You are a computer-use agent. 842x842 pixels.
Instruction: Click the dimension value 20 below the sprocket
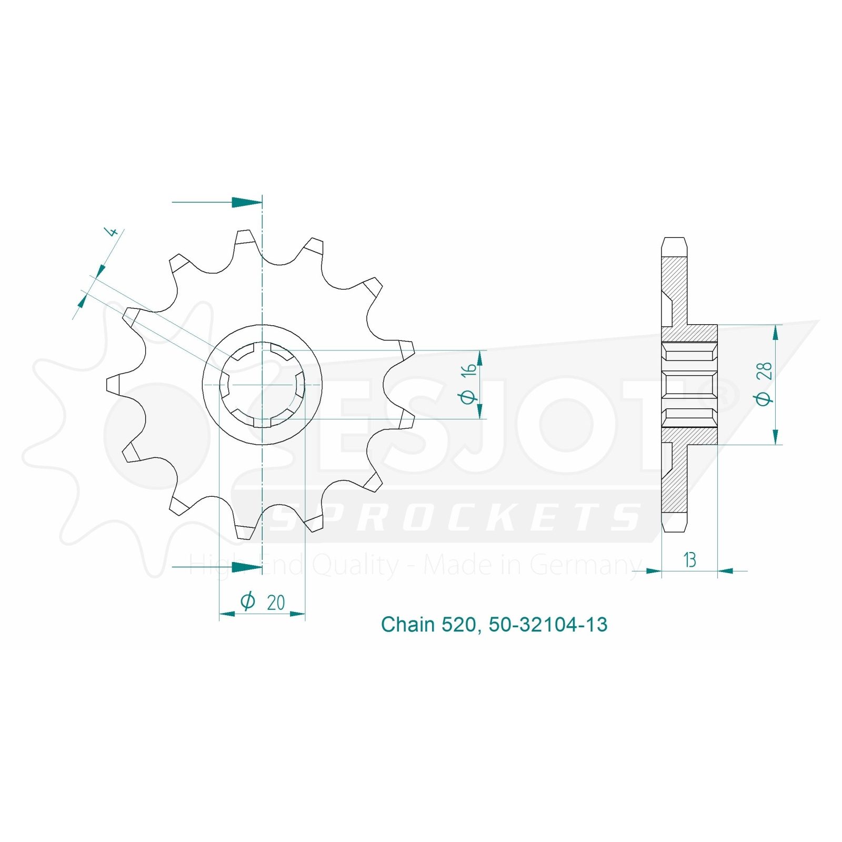(x=276, y=603)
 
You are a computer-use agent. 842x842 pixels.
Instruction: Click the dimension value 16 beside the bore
(x=468, y=368)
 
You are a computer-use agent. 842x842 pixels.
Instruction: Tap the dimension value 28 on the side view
(x=764, y=370)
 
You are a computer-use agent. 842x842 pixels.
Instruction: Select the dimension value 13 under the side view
(x=690, y=560)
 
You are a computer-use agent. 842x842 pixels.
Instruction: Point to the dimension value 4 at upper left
(x=111, y=231)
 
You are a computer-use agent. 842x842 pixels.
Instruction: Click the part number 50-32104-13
(x=548, y=625)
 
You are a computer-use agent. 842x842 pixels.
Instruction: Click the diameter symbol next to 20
(x=248, y=601)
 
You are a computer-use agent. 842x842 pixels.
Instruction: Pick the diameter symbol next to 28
(x=764, y=398)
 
